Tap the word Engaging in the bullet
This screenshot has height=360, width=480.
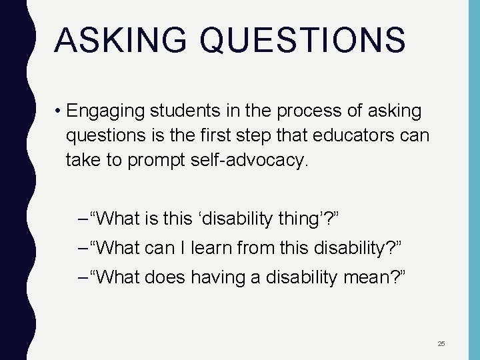coord(107,110)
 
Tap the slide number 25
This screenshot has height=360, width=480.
coord(441,344)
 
